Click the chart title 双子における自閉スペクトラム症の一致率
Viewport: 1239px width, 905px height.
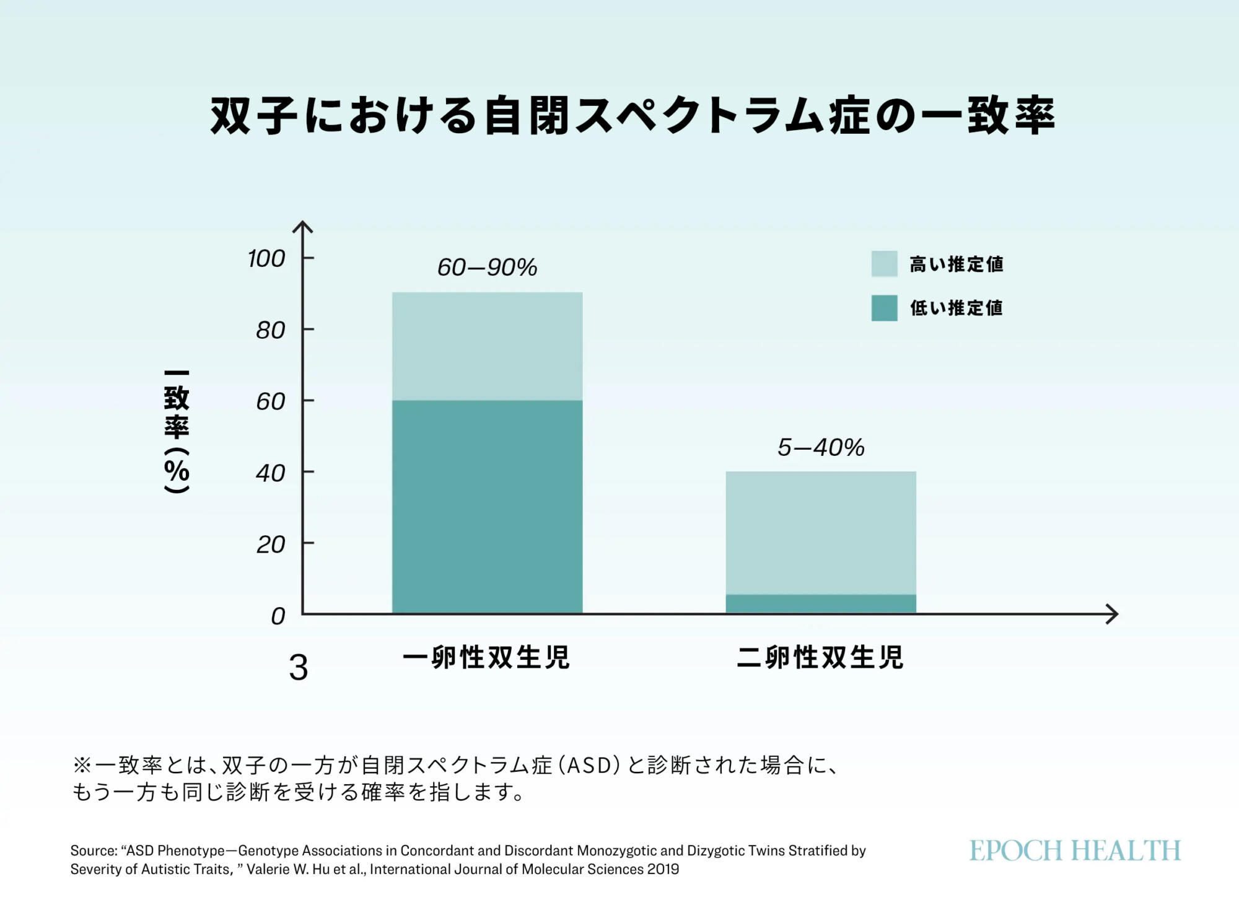(x=633, y=116)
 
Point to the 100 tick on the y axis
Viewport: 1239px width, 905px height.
(x=266, y=258)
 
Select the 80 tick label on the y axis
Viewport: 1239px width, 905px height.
(x=271, y=330)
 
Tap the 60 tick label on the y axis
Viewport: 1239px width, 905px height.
(x=271, y=401)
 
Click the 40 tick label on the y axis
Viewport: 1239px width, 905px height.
(x=271, y=473)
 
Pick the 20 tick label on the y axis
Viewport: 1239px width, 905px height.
(x=271, y=544)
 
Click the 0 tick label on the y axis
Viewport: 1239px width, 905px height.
(x=278, y=616)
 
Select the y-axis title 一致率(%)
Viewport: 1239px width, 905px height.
(x=177, y=432)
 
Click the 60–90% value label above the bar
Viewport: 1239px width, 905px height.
(x=487, y=268)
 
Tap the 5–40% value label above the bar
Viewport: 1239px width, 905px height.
(x=821, y=447)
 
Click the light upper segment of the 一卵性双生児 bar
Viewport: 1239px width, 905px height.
(x=487, y=346)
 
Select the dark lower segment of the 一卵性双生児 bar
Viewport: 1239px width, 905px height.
(x=487, y=507)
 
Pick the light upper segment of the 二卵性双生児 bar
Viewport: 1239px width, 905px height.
(x=821, y=533)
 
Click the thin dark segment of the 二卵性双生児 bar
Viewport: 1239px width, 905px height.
(x=821, y=603)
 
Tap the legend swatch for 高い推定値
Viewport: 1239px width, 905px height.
(x=884, y=264)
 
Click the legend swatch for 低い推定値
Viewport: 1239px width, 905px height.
(x=884, y=308)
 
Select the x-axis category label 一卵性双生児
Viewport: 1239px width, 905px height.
(x=486, y=657)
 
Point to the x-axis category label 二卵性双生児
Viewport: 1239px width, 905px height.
(x=820, y=657)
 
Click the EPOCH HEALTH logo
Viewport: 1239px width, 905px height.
(x=1075, y=851)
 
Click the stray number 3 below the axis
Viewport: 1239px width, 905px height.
(x=299, y=668)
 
